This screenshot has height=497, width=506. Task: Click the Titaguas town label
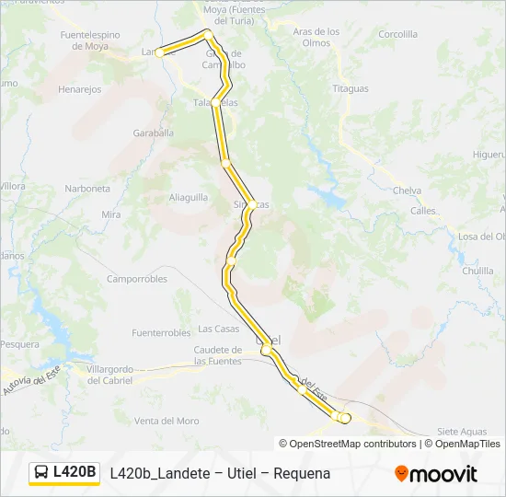pyautogui.click(x=351, y=89)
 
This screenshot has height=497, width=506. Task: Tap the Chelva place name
pyautogui.click(x=407, y=191)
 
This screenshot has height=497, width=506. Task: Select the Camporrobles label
pyautogui.click(x=137, y=279)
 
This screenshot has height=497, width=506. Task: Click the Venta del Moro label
pyautogui.click(x=167, y=421)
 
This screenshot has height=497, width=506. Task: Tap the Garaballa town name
pyautogui.click(x=153, y=133)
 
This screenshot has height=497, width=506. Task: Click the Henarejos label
pyautogui.click(x=79, y=90)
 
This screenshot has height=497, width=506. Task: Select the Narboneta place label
pyautogui.click(x=87, y=189)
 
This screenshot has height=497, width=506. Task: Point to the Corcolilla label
pyautogui.click(x=397, y=34)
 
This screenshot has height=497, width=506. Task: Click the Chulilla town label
pyautogui.click(x=478, y=272)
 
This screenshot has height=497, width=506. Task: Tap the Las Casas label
pyautogui.click(x=219, y=329)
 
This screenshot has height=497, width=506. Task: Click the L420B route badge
pyautogui.click(x=64, y=472)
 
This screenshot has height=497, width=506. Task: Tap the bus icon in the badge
pyautogui.click(x=42, y=473)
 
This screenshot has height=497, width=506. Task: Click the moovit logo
pyautogui.click(x=436, y=474)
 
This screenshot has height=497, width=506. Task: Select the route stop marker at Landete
pyautogui.click(x=159, y=52)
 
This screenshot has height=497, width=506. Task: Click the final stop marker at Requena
pyautogui.click(x=346, y=418)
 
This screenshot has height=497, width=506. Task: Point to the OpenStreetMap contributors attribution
pyautogui.click(x=353, y=444)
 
